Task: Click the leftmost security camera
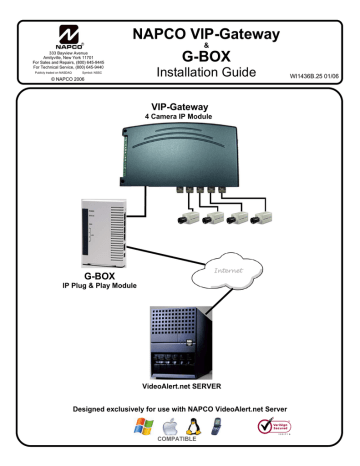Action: click(x=188, y=215)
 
